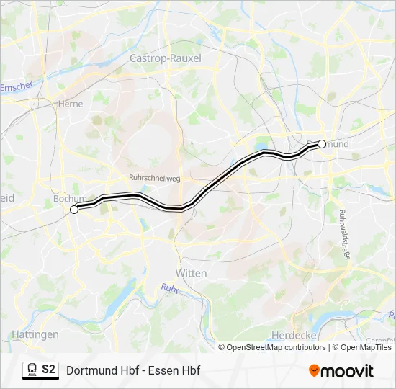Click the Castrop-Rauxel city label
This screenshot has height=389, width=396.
point(165,58)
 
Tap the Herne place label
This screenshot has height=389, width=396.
point(71,104)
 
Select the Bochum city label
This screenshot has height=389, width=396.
point(69,199)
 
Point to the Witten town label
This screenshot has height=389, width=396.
point(191,273)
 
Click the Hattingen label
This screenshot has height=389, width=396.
point(35,334)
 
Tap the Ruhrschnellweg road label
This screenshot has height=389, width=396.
point(153,177)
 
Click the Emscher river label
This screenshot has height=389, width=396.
point(17,87)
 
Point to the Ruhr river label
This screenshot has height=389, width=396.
point(169,288)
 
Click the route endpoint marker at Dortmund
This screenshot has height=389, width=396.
point(322,143)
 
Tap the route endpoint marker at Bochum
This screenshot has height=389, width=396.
point(74,210)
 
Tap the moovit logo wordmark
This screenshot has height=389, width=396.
point(348,371)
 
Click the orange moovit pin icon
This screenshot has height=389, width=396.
point(314,371)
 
